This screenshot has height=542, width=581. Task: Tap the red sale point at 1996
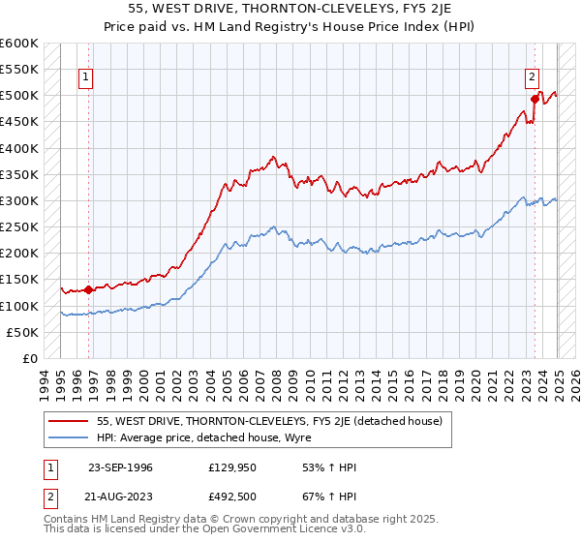pyautogui.click(x=88, y=288)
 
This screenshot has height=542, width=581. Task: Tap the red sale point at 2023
pyautogui.click(x=535, y=98)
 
